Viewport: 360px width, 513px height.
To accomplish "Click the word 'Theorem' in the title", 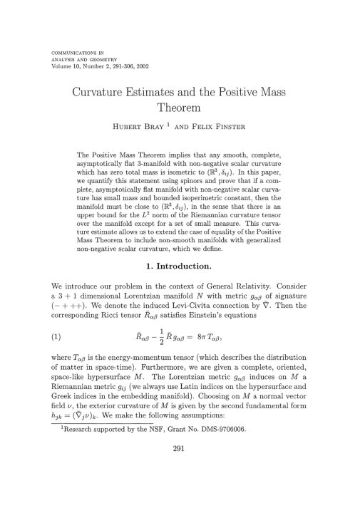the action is pyautogui.click(x=180, y=108).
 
